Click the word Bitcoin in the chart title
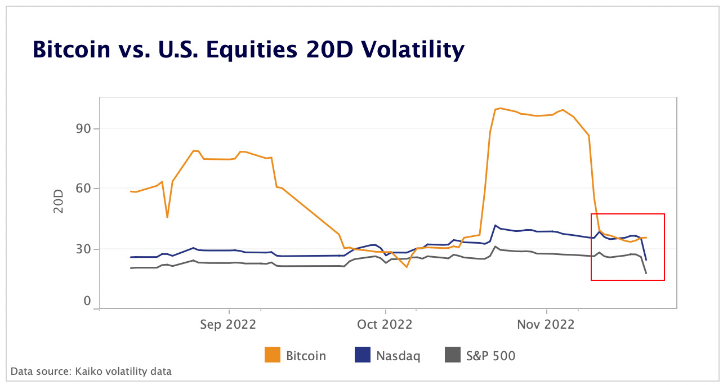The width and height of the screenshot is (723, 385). (x=72, y=50)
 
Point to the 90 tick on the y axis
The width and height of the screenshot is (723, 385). (x=83, y=128)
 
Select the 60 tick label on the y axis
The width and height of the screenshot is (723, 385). (x=83, y=188)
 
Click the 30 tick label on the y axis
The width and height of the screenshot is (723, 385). (x=83, y=249)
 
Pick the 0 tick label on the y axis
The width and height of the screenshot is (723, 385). (x=87, y=301)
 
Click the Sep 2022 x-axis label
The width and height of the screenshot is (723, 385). (x=228, y=325)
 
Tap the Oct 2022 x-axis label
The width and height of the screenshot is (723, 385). (x=385, y=325)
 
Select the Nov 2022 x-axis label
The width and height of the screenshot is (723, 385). (x=546, y=325)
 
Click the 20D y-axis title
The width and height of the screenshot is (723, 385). (x=59, y=202)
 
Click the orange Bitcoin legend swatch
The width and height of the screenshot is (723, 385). (x=272, y=355)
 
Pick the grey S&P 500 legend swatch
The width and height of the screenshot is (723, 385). (x=453, y=355)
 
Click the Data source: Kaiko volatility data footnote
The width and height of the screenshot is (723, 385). (x=91, y=371)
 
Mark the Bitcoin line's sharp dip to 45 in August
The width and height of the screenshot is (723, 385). (x=167, y=217)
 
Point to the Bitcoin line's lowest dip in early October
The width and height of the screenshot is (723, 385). (x=407, y=267)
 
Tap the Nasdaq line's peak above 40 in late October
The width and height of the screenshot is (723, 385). (x=495, y=225)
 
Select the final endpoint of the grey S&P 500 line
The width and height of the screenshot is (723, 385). (x=646, y=274)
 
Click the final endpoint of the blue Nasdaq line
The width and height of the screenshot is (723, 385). (x=646, y=260)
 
